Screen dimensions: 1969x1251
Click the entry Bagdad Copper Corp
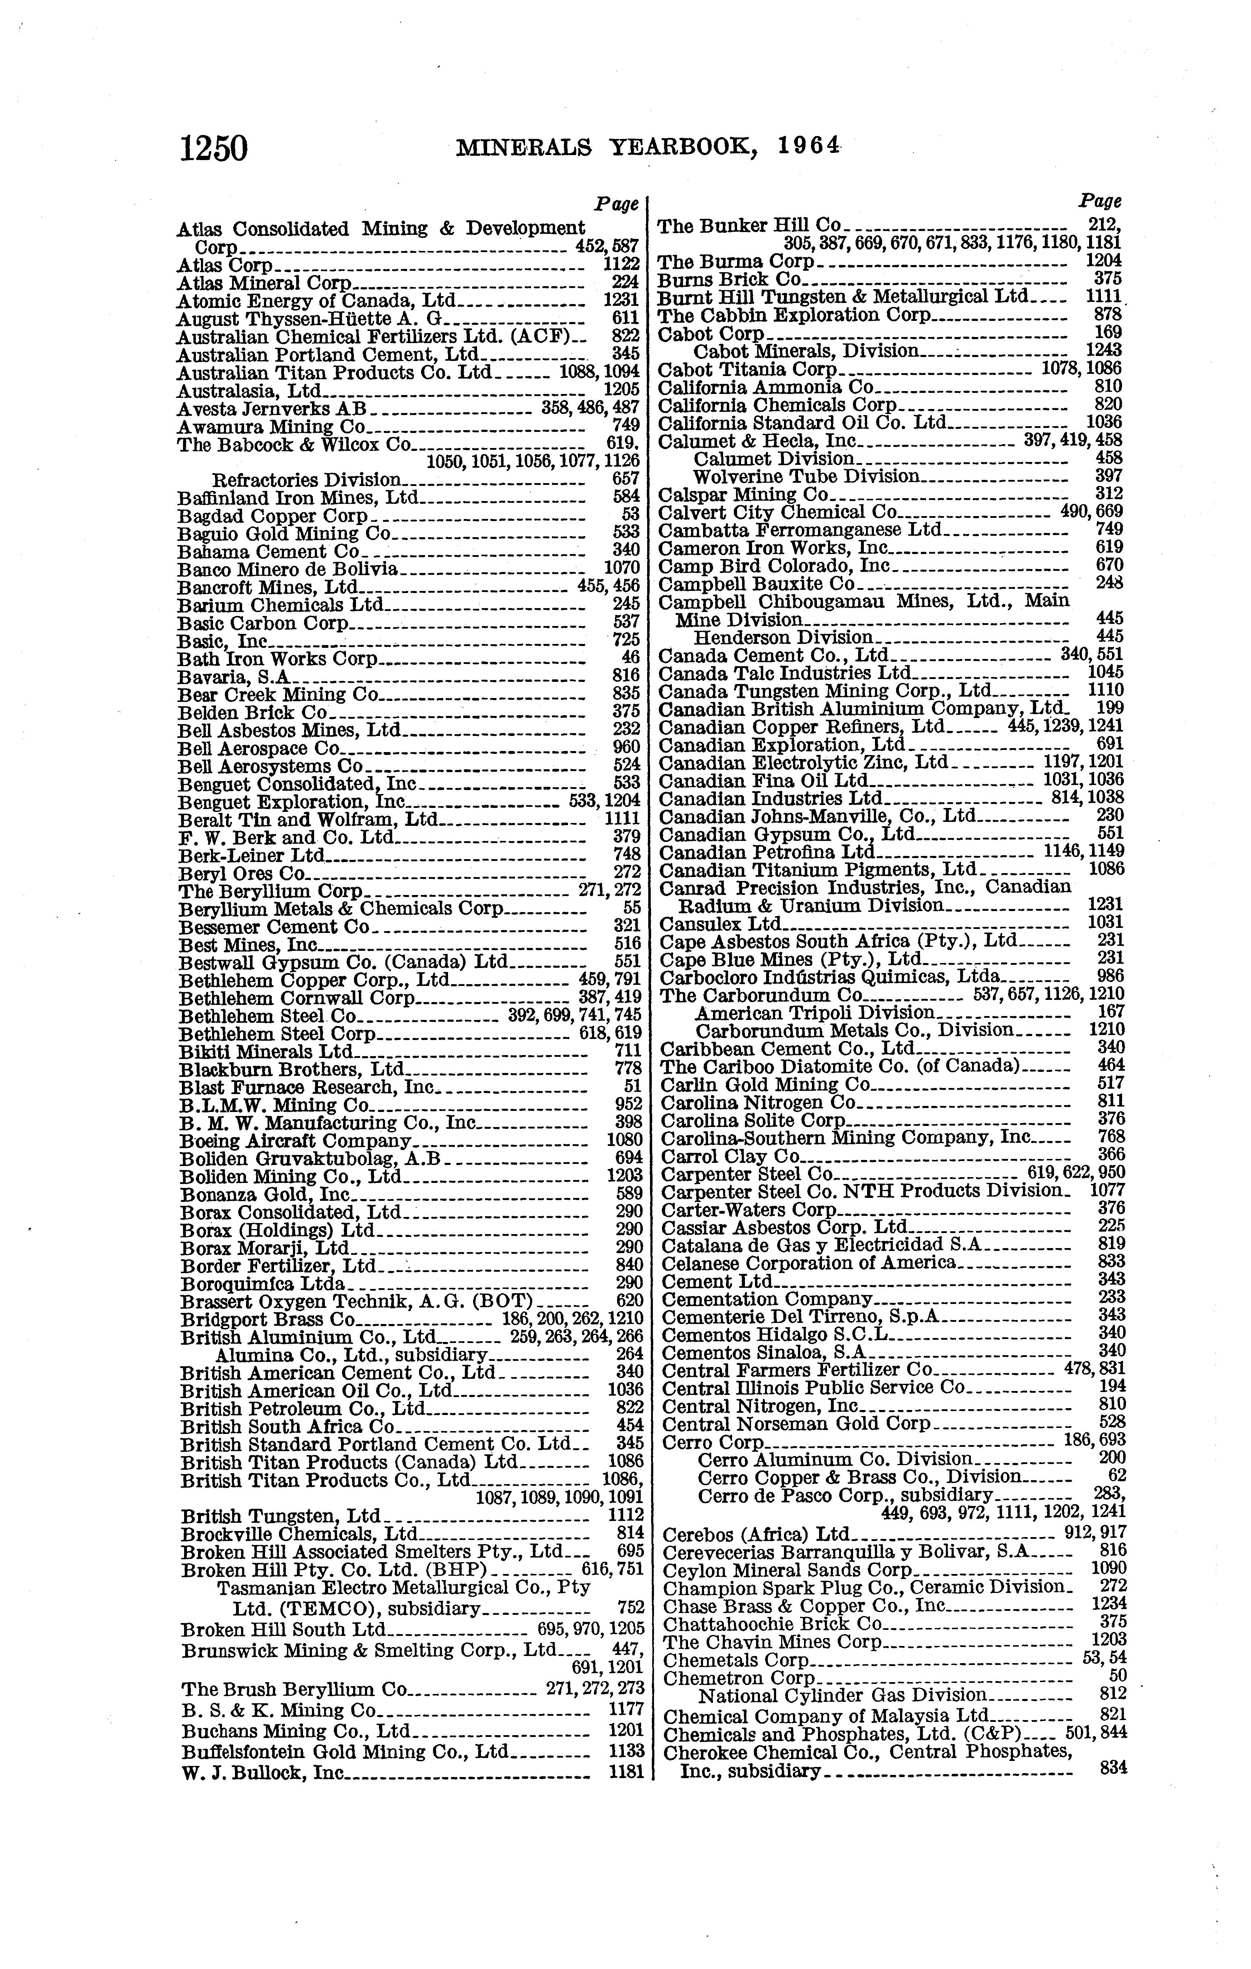click(273, 516)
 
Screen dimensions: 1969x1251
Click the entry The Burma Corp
click(736, 262)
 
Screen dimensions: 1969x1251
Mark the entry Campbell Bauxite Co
click(756, 584)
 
